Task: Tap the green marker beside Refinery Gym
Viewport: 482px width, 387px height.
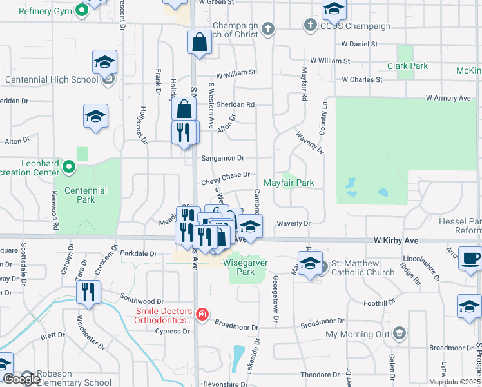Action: (82, 10)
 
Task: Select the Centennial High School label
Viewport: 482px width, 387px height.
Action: (51, 80)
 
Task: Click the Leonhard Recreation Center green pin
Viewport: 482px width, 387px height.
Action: (69, 168)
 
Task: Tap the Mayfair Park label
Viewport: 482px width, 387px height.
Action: (289, 183)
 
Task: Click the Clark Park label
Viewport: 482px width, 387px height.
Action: (408, 66)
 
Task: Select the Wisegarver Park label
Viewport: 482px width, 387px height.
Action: (247, 267)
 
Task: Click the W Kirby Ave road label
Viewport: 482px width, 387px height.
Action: (396, 241)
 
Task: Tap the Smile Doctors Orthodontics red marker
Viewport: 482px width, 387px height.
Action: (202, 314)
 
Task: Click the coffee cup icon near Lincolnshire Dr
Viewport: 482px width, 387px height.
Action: (470, 258)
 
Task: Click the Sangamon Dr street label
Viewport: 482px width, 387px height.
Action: (222, 157)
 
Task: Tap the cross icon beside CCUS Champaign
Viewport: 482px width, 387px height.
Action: (311, 26)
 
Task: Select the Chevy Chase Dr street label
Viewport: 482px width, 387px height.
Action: (225, 174)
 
